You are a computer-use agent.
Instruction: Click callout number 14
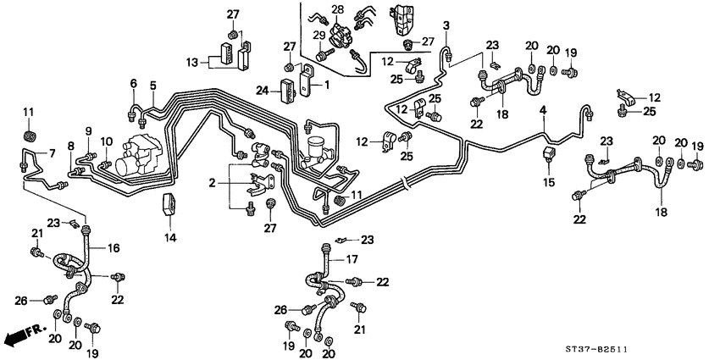170,238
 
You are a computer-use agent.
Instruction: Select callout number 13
193,62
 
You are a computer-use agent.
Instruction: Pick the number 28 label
338,9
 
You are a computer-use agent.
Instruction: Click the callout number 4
543,109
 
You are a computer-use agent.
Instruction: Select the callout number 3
446,25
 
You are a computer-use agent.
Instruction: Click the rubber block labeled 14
169,205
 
